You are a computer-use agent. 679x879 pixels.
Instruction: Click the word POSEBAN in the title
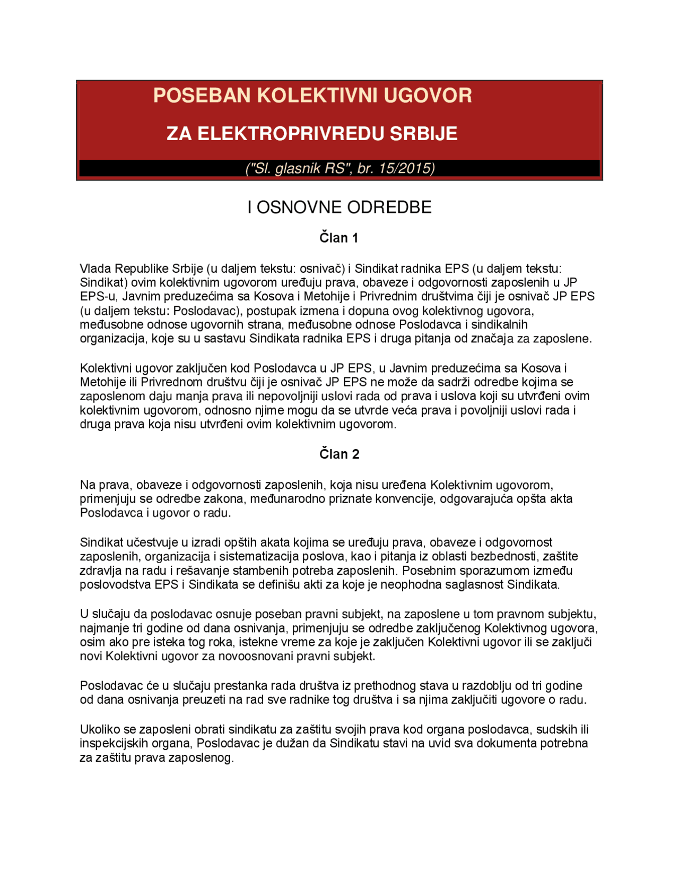[202, 96]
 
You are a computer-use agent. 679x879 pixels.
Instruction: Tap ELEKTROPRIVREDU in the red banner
[291, 133]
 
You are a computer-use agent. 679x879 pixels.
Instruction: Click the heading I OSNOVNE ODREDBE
[339, 207]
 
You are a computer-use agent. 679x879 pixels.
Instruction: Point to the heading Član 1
[339, 238]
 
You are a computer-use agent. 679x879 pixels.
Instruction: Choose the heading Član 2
[339, 454]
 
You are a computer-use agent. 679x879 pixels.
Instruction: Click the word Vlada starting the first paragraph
[95, 269]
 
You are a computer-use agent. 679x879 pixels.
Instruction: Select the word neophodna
[414, 585]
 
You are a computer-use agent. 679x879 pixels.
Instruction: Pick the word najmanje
[102, 628]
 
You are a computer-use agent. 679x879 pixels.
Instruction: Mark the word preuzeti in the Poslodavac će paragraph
[204, 700]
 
